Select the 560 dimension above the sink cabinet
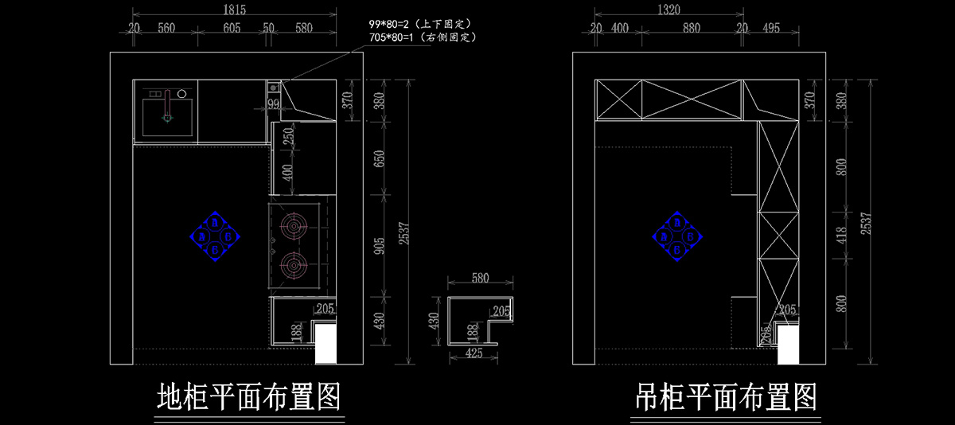pyautogui.click(x=166, y=28)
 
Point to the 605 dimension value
pyautogui.click(x=232, y=28)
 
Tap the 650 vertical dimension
pyautogui.click(x=380, y=158)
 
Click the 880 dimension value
pyautogui.click(x=691, y=28)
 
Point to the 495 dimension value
pyautogui.click(x=770, y=28)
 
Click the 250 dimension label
pyautogui.click(x=287, y=137)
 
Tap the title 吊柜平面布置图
pyautogui.click(x=726, y=395)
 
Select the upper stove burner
pyautogui.click(x=294, y=227)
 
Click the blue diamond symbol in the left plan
pyautogui.click(x=214, y=236)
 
